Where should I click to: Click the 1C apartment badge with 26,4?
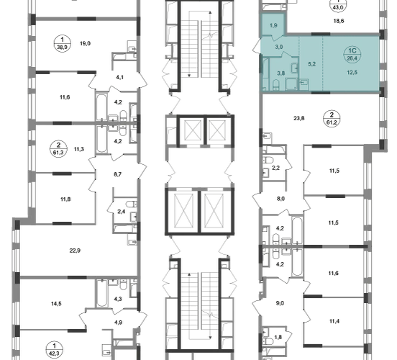[x=352, y=55]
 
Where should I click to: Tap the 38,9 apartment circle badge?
[x=63, y=44]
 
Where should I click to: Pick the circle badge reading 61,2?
[x=332, y=119]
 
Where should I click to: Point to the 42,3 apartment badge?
[x=55, y=349]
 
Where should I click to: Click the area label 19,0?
[x=86, y=44]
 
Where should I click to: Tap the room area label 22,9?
[x=76, y=251]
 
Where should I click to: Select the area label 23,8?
[x=299, y=118]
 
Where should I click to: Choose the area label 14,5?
[x=56, y=304]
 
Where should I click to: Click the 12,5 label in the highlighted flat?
[x=352, y=73]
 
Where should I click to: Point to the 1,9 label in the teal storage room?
[x=273, y=26]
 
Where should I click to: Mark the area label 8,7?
[x=117, y=174]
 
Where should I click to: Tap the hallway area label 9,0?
[x=280, y=303]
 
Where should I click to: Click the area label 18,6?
[x=339, y=21]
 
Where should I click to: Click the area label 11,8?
[x=65, y=199]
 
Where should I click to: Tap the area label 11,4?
[x=334, y=321]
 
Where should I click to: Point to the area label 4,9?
[x=119, y=323]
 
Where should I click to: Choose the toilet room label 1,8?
[x=278, y=338]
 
